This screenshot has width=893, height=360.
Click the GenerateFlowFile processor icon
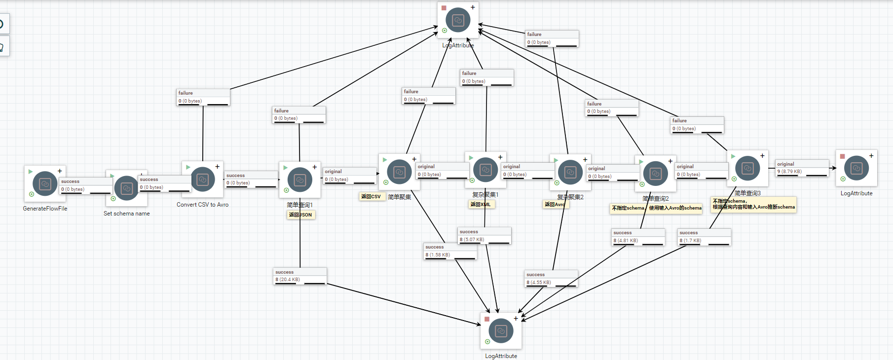(x=45, y=183)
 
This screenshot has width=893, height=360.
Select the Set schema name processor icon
(x=126, y=188)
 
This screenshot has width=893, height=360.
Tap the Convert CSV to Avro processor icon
(x=202, y=180)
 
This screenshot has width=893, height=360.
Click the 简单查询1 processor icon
(x=299, y=180)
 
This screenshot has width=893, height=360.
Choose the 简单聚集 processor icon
(x=399, y=172)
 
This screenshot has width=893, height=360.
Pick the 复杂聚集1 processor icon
(x=485, y=170)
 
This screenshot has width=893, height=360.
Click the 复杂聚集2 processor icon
(x=570, y=172)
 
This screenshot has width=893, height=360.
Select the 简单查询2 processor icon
(x=656, y=174)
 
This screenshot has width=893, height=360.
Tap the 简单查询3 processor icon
(x=747, y=169)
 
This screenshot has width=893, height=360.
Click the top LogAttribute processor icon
(x=458, y=20)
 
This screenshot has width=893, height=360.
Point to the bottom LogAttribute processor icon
(x=501, y=331)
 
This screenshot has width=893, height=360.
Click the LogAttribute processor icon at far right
(x=856, y=168)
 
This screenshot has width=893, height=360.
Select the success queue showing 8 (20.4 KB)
(x=300, y=276)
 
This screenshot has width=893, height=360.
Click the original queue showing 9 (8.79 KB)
(x=802, y=168)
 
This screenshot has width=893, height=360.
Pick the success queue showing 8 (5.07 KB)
(x=484, y=236)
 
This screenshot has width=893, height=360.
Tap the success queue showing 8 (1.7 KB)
(x=705, y=237)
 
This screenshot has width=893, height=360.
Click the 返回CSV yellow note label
(x=371, y=196)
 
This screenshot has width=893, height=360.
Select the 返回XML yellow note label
(x=481, y=204)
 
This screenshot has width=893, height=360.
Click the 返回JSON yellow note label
(x=300, y=215)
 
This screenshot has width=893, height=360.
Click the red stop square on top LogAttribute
(x=444, y=8)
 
